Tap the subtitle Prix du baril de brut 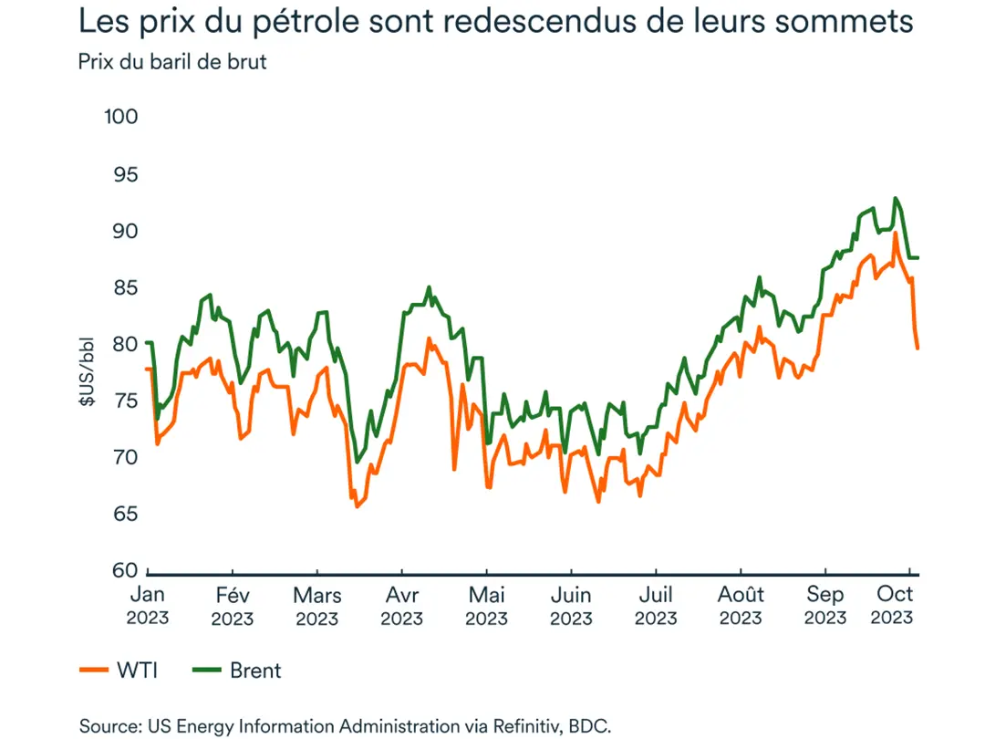click(172, 62)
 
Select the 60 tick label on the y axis click(125, 570)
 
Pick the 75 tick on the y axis click(125, 401)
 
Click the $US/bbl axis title click(88, 371)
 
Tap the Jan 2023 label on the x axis click(147, 606)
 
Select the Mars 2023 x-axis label click(317, 606)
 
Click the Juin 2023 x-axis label click(571, 606)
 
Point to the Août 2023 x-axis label click(740, 606)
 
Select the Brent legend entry click(239, 671)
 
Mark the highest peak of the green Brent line click(896, 198)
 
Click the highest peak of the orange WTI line click(896, 234)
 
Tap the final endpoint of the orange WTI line click(918, 348)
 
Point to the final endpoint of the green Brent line click(918, 258)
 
